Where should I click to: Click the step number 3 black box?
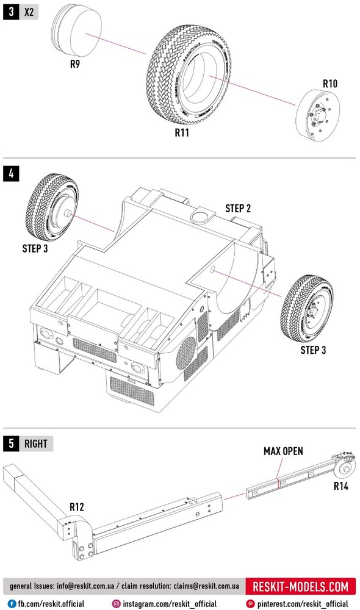click(11, 12)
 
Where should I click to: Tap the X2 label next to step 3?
click(29, 12)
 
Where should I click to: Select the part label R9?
click(74, 64)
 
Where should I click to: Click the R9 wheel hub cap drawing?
click(77, 30)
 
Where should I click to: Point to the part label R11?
click(182, 132)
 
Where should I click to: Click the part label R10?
click(330, 84)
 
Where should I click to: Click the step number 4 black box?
click(11, 173)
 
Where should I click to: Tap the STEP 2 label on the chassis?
click(238, 209)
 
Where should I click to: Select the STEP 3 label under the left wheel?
click(35, 248)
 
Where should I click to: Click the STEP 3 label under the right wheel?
click(313, 350)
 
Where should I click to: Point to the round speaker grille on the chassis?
click(185, 353)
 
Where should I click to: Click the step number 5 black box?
click(11, 443)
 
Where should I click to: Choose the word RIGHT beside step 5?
click(36, 444)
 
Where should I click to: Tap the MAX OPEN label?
click(283, 451)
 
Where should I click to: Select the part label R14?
click(341, 486)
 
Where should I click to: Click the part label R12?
click(77, 507)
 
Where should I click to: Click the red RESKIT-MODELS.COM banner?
click(300, 586)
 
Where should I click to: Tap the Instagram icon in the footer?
click(116, 604)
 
